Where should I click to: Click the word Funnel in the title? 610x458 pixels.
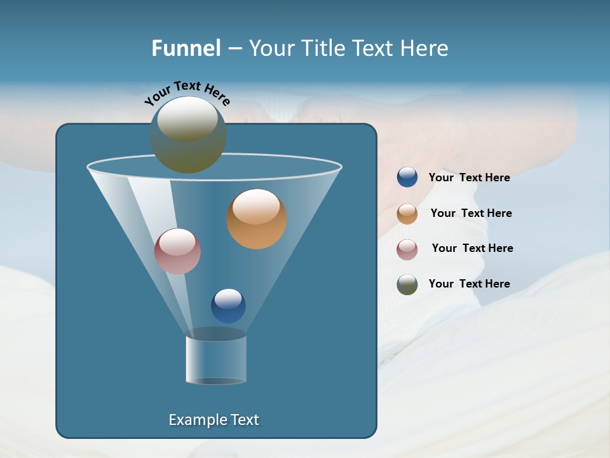coord(186,48)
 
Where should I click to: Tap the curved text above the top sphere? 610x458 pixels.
coord(187,92)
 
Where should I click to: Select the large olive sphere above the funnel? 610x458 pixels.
coord(188,135)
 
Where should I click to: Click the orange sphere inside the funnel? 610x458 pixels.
coord(257,219)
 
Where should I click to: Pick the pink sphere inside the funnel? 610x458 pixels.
coord(178,251)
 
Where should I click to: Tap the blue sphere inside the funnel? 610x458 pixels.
coord(228,306)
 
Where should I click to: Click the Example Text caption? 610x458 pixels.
coord(214,420)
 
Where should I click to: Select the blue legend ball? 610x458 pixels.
coord(407,177)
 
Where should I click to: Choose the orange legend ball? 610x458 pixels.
coord(407,214)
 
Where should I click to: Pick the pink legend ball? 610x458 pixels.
coord(407,249)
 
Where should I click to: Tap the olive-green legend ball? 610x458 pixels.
coord(407,284)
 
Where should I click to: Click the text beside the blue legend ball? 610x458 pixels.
coord(469,177)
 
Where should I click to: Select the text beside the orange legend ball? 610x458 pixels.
coord(471,213)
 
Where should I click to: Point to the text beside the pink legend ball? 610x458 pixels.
coord(472,248)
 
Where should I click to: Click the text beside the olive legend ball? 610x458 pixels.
coord(469,284)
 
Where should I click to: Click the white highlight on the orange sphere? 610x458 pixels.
coord(256,207)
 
